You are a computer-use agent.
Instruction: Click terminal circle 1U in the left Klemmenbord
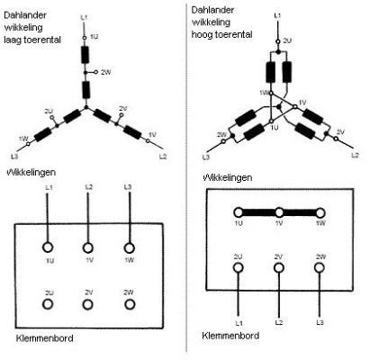[48, 247]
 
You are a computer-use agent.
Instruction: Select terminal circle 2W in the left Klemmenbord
[130, 304]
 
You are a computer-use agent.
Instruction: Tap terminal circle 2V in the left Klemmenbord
[87, 304]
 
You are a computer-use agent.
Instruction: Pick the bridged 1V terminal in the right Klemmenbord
[279, 212]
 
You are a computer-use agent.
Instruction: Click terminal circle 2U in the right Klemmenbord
[238, 267]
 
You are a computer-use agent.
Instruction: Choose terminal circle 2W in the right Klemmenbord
[320, 267]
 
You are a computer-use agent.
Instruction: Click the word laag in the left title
[13, 40]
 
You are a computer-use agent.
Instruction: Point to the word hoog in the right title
[201, 34]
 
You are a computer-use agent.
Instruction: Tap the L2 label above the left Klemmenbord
[89, 187]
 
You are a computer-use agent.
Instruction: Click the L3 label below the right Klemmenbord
[320, 322]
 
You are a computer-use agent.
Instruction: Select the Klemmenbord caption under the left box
[44, 338]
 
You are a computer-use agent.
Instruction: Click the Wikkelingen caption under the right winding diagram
[228, 177]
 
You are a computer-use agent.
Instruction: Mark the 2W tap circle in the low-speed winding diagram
[96, 72]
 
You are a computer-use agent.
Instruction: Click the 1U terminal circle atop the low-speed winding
[85, 38]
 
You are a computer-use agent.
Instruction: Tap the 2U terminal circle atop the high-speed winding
[278, 41]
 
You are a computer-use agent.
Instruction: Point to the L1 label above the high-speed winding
[278, 15]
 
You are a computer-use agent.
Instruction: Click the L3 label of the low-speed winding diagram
[14, 157]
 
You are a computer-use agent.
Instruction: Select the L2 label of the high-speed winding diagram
[356, 156]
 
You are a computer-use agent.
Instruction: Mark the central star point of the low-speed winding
[86, 107]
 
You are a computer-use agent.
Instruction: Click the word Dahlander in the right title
[212, 10]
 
